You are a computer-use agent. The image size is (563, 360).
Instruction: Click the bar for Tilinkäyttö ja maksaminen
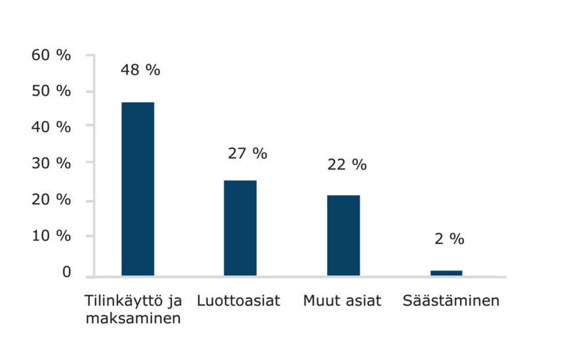pyautogui.click(x=138, y=189)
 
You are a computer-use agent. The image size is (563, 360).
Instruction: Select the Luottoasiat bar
pyautogui.click(x=240, y=228)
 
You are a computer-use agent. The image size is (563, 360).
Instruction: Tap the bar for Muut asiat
pyautogui.click(x=343, y=235)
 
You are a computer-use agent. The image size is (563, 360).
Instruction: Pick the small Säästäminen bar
pyautogui.click(x=447, y=273)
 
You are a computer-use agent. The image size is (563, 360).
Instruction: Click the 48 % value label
pyautogui.click(x=140, y=70)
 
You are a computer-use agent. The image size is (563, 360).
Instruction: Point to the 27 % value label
pyautogui.click(x=248, y=154)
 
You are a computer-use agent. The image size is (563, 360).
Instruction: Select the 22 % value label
pyautogui.click(x=347, y=165)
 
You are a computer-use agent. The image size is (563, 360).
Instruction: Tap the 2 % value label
pyautogui.click(x=450, y=239)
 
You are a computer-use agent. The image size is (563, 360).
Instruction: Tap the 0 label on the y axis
pyautogui.click(x=66, y=272)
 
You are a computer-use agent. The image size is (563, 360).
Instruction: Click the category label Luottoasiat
pyautogui.click(x=238, y=301)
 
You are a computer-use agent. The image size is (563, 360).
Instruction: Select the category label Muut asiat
pyautogui.click(x=342, y=301)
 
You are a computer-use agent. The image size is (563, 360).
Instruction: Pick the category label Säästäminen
pyautogui.click(x=451, y=301)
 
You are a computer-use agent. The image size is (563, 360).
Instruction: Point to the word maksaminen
pyautogui.click(x=133, y=319)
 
